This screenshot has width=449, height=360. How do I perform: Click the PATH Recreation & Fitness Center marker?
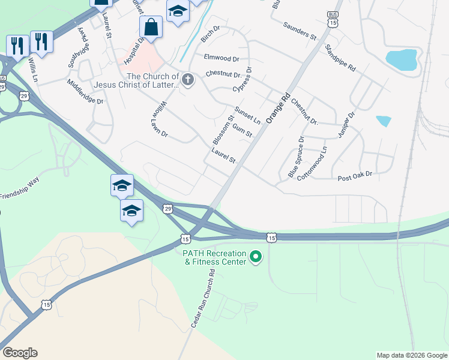point(256,258)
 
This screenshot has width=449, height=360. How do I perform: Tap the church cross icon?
point(188,80)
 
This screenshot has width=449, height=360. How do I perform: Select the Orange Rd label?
point(278,108)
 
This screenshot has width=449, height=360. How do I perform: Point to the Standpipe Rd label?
point(340,58)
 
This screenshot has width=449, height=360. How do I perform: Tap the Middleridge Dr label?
point(85,92)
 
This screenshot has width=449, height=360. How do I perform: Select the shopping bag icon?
point(151,27)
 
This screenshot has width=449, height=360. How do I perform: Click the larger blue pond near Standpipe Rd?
point(402,59)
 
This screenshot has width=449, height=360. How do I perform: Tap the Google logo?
point(20,353)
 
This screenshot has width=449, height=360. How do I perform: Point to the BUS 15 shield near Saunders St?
point(333,19)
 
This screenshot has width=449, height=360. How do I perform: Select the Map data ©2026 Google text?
point(411,355)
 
